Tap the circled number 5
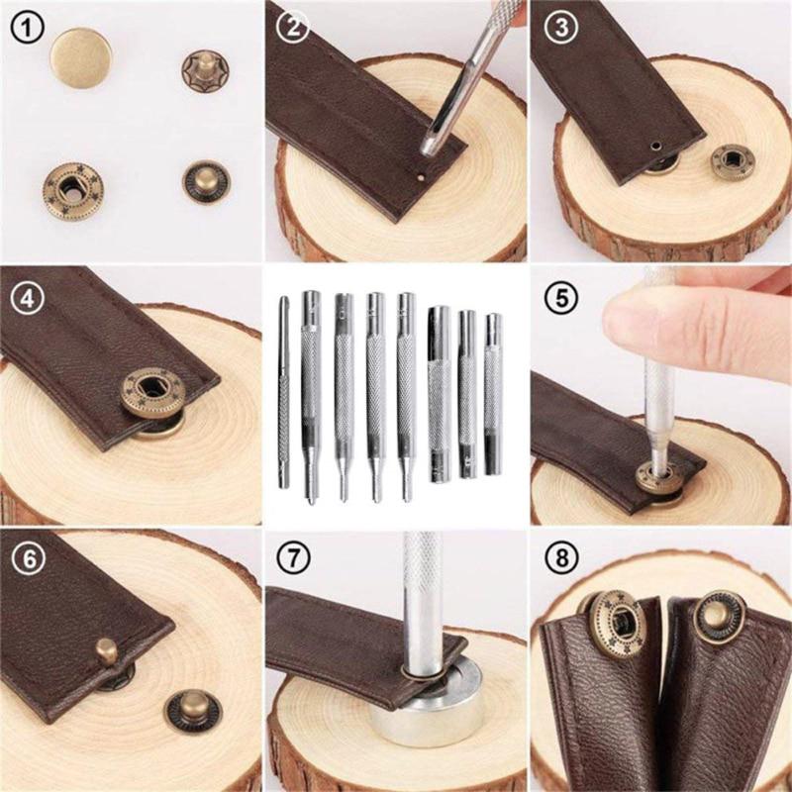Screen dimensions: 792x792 pos(561,295)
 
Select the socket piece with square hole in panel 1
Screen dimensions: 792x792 pos(73,185)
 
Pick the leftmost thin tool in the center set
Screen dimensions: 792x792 pos(284,396)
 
